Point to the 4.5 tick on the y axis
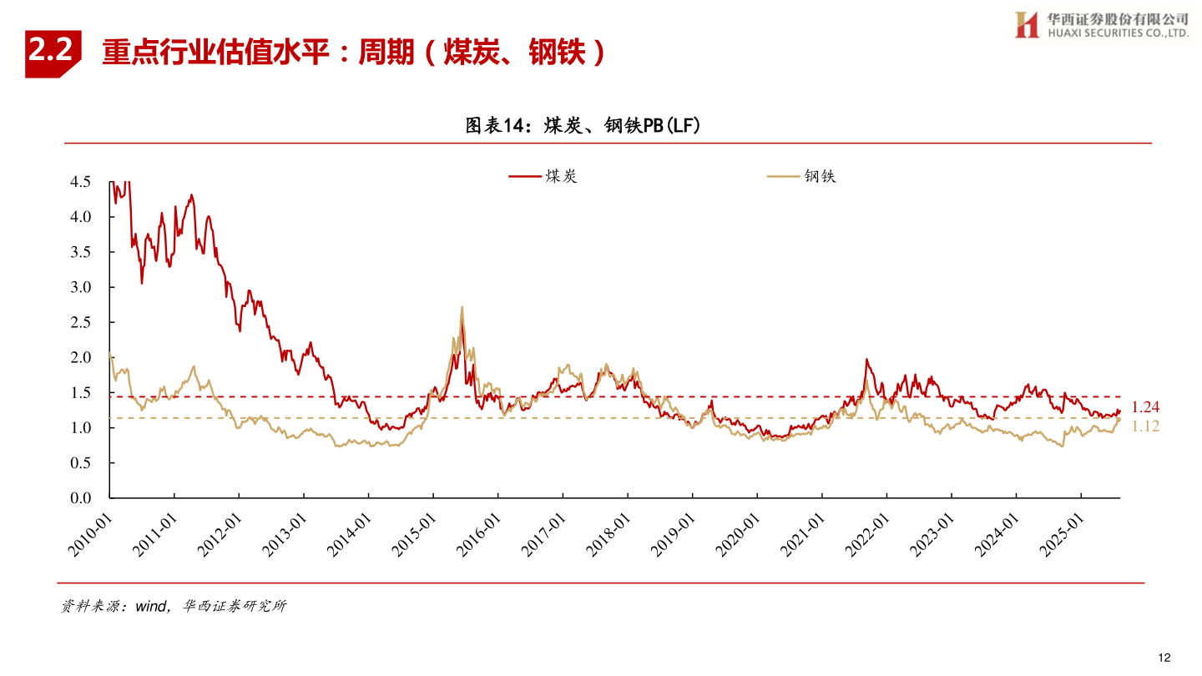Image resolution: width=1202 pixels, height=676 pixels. coord(81,182)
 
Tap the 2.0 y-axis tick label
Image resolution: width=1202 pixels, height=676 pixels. coord(81,357)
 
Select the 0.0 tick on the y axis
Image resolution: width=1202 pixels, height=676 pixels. coord(81,498)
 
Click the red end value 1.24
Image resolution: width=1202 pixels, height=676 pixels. coord(1145,407)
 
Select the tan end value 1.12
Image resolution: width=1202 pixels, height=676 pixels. coord(1145,426)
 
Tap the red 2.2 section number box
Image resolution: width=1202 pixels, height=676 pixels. coord(53,53)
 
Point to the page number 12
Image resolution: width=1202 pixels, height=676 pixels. coord(1165,658)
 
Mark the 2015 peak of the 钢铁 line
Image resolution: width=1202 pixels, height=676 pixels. coord(462,307)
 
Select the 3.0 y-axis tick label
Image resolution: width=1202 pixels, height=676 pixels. coord(81,287)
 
